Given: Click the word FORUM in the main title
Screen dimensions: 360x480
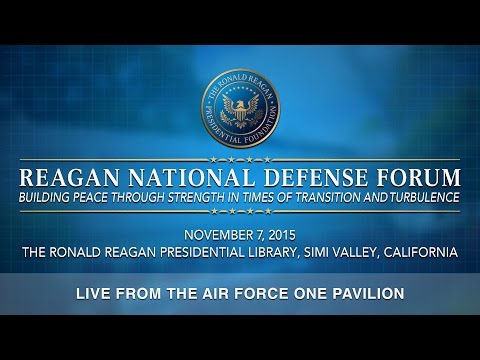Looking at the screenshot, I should point(410,176).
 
